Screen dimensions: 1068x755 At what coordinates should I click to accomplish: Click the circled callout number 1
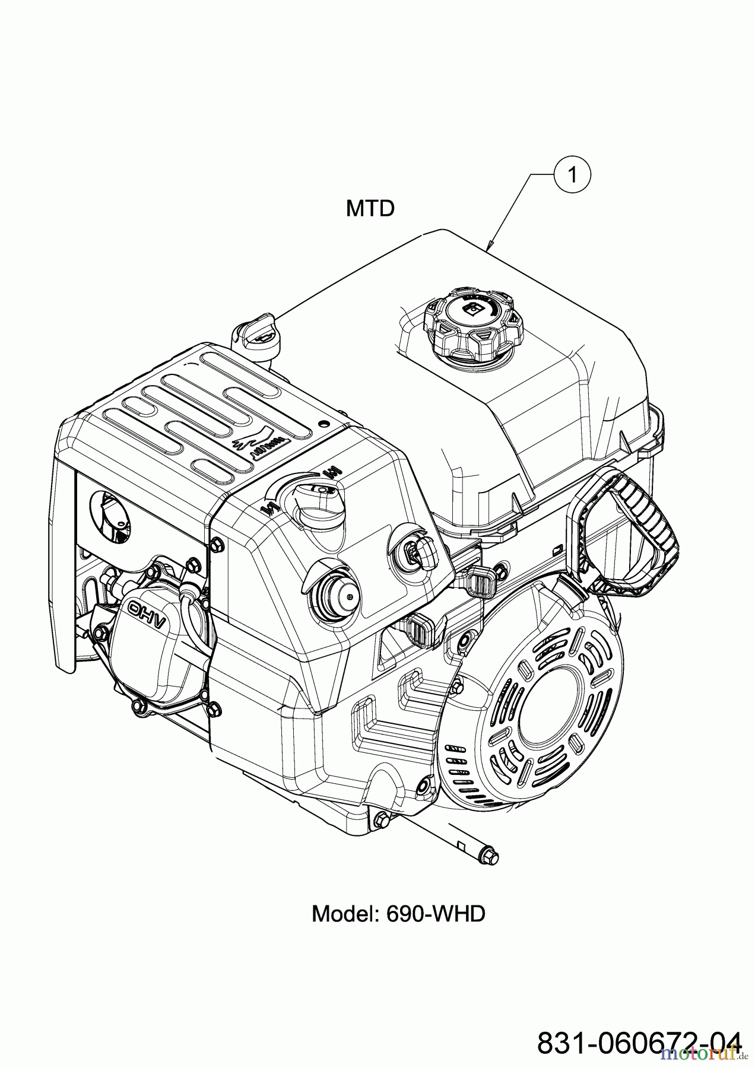tap(572, 174)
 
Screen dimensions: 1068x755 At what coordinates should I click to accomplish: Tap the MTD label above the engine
tap(370, 208)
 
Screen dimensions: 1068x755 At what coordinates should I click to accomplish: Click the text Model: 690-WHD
tap(398, 914)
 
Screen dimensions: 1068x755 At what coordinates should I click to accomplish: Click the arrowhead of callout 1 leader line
tap(488, 247)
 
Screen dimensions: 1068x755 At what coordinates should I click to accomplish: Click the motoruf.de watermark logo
tap(706, 1053)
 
